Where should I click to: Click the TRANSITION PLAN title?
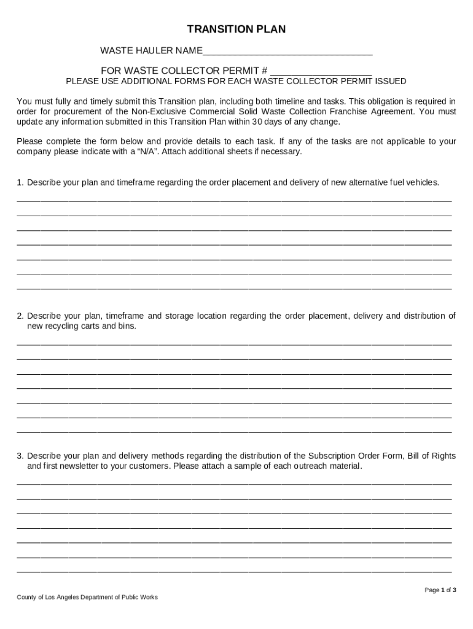click(x=237, y=29)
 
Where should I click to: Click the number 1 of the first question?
click(x=20, y=182)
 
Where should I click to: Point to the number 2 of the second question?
click(x=20, y=316)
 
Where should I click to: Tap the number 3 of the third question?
click(x=20, y=456)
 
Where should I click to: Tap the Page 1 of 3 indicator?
click(x=440, y=590)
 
